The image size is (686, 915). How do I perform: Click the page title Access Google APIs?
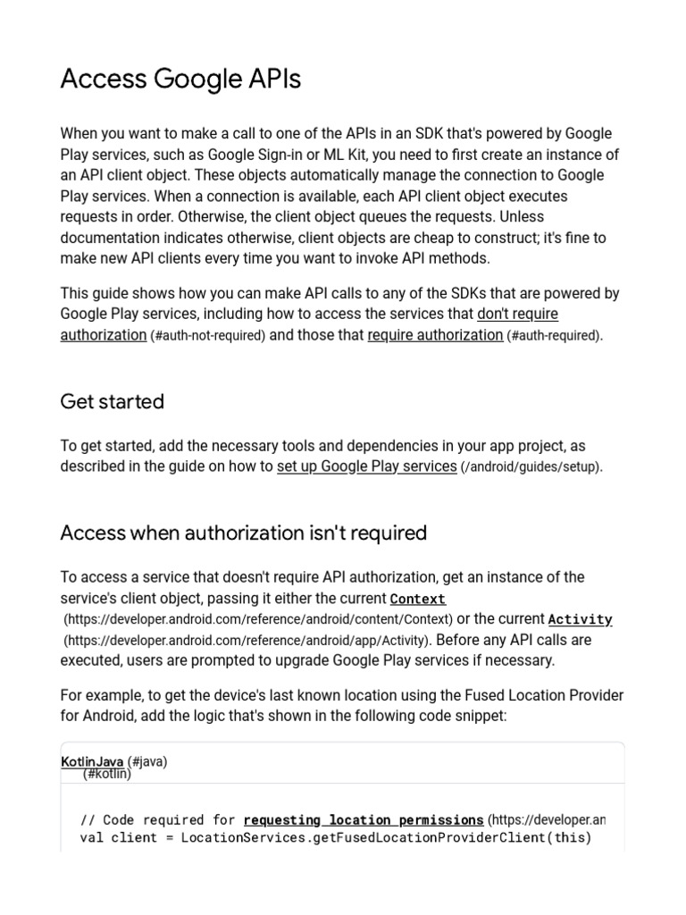pos(180,80)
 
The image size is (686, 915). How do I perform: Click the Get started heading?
pos(112,401)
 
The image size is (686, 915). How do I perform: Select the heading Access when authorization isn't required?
pos(243,533)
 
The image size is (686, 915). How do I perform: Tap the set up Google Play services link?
pos(366,466)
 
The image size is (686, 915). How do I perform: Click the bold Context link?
pos(417,599)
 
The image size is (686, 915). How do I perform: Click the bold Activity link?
pos(580,619)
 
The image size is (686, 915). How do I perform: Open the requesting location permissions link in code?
pos(364,819)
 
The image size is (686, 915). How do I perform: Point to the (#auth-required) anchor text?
pos(554,336)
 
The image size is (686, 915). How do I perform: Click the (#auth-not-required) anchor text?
pos(208,336)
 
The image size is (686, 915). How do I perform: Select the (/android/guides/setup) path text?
pos(531,467)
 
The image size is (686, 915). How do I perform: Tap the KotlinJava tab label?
pos(92,761)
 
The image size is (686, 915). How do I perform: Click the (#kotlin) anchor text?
pos(107,774)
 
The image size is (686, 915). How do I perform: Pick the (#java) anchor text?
pos(147,761)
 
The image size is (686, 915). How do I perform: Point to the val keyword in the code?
pos(91,838)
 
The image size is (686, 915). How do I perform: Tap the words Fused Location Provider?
pos(535,695)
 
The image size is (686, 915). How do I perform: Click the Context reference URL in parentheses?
pos(258,619)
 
